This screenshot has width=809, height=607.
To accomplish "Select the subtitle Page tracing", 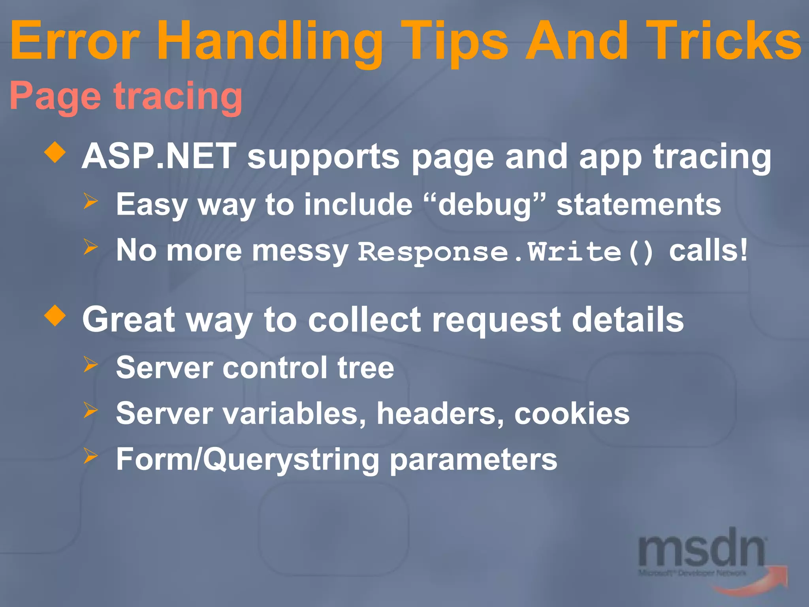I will click(x=126, y=96).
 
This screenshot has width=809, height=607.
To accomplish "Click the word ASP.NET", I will click(x=159, y=156).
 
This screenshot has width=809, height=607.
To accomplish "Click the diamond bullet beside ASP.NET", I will click(x=55, y=153).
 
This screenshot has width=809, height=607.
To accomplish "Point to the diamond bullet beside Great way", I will click(x=55, y=316).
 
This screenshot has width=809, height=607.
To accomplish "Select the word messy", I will click(x=300, y=251).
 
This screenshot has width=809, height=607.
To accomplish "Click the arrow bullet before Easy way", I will click(x=90, y=202).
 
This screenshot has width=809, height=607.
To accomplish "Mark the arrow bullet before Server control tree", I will click(x=90, y=365).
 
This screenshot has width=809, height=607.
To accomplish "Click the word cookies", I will click(x=572, y=413).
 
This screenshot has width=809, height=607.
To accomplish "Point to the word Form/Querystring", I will click(x=248, y=460).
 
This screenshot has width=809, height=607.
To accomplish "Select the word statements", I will click(x=639, y=205).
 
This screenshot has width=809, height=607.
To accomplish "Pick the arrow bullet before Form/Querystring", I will click(x=90, y=456).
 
